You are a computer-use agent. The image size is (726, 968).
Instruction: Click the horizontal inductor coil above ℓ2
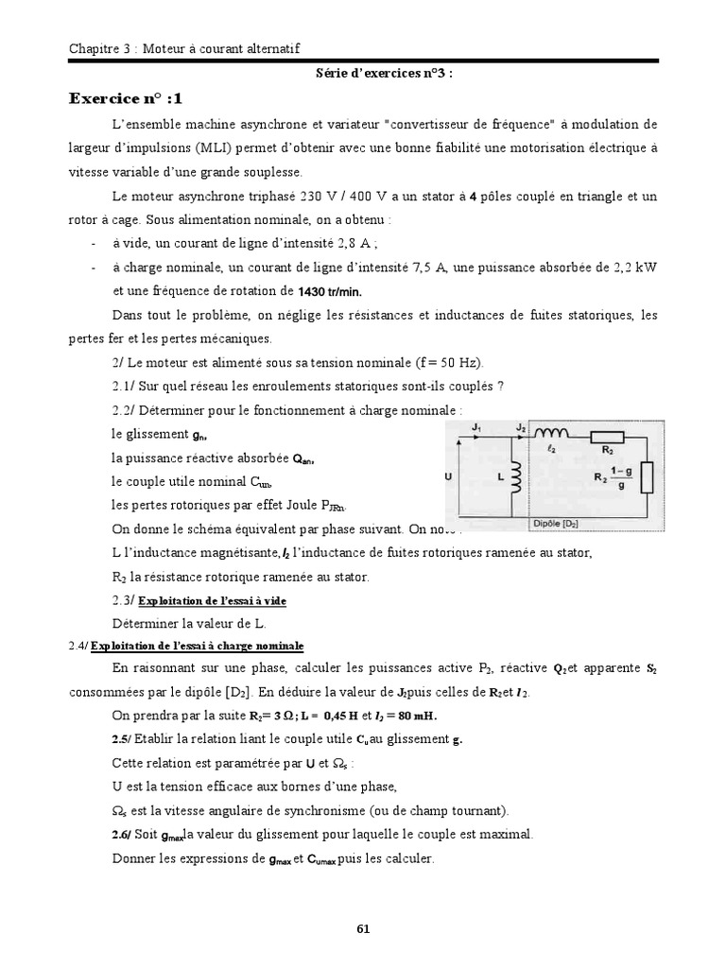[x=550, y=435]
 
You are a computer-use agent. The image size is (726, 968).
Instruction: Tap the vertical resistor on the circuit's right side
[x=647, y=477]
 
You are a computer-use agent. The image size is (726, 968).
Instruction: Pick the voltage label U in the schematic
[x=448, y=478]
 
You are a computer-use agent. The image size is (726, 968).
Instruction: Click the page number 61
[x=363, y=927]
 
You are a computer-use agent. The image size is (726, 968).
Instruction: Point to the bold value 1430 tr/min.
[x=318, y=291]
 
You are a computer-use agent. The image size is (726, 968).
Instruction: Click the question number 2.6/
[x=123, y=834]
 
